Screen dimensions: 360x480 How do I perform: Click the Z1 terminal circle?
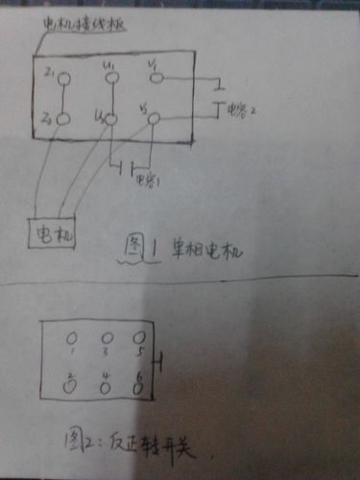coord(63,79)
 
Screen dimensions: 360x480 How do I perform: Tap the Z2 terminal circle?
coord(63,120)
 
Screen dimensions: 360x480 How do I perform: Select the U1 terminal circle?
coord(110,76)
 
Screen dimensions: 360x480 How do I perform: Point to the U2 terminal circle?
coord(109,119)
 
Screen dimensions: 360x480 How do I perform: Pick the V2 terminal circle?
coord(154,118)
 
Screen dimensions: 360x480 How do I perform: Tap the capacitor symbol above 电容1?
coord(122,170)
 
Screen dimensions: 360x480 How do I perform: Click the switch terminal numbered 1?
coord(71,339)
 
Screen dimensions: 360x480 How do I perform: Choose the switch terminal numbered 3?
coord(107,338)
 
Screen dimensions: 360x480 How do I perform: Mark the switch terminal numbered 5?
coord(140,338)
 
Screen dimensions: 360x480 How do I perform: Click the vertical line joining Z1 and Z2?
coord(63,99)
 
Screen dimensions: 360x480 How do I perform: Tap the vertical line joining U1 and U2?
coord(110,97)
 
